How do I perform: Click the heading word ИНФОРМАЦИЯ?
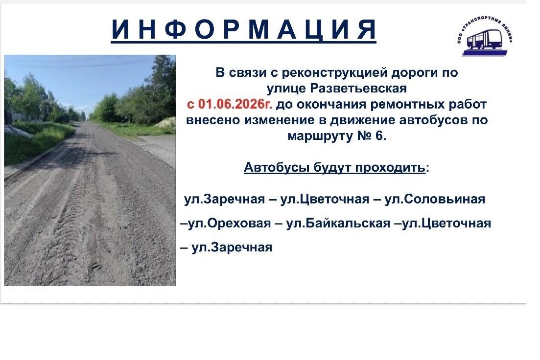[x=244, y=29]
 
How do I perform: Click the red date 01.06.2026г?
[x=235, y=104]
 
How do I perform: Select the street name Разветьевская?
[x=358, y=88]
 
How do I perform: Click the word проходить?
[x=390, y=168]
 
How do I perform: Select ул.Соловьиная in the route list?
[x=435, y=199]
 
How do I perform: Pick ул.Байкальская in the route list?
[x=338, y=223]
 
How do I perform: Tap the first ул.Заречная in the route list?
[x=225, y=199]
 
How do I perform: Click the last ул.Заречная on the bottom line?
[x=232, y=247]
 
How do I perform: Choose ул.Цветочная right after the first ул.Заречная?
[x=325, y=199]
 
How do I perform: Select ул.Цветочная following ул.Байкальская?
[x=446, y=223]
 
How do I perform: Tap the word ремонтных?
[x=408, y=104]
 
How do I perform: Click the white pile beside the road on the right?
[x=166, y=123]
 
